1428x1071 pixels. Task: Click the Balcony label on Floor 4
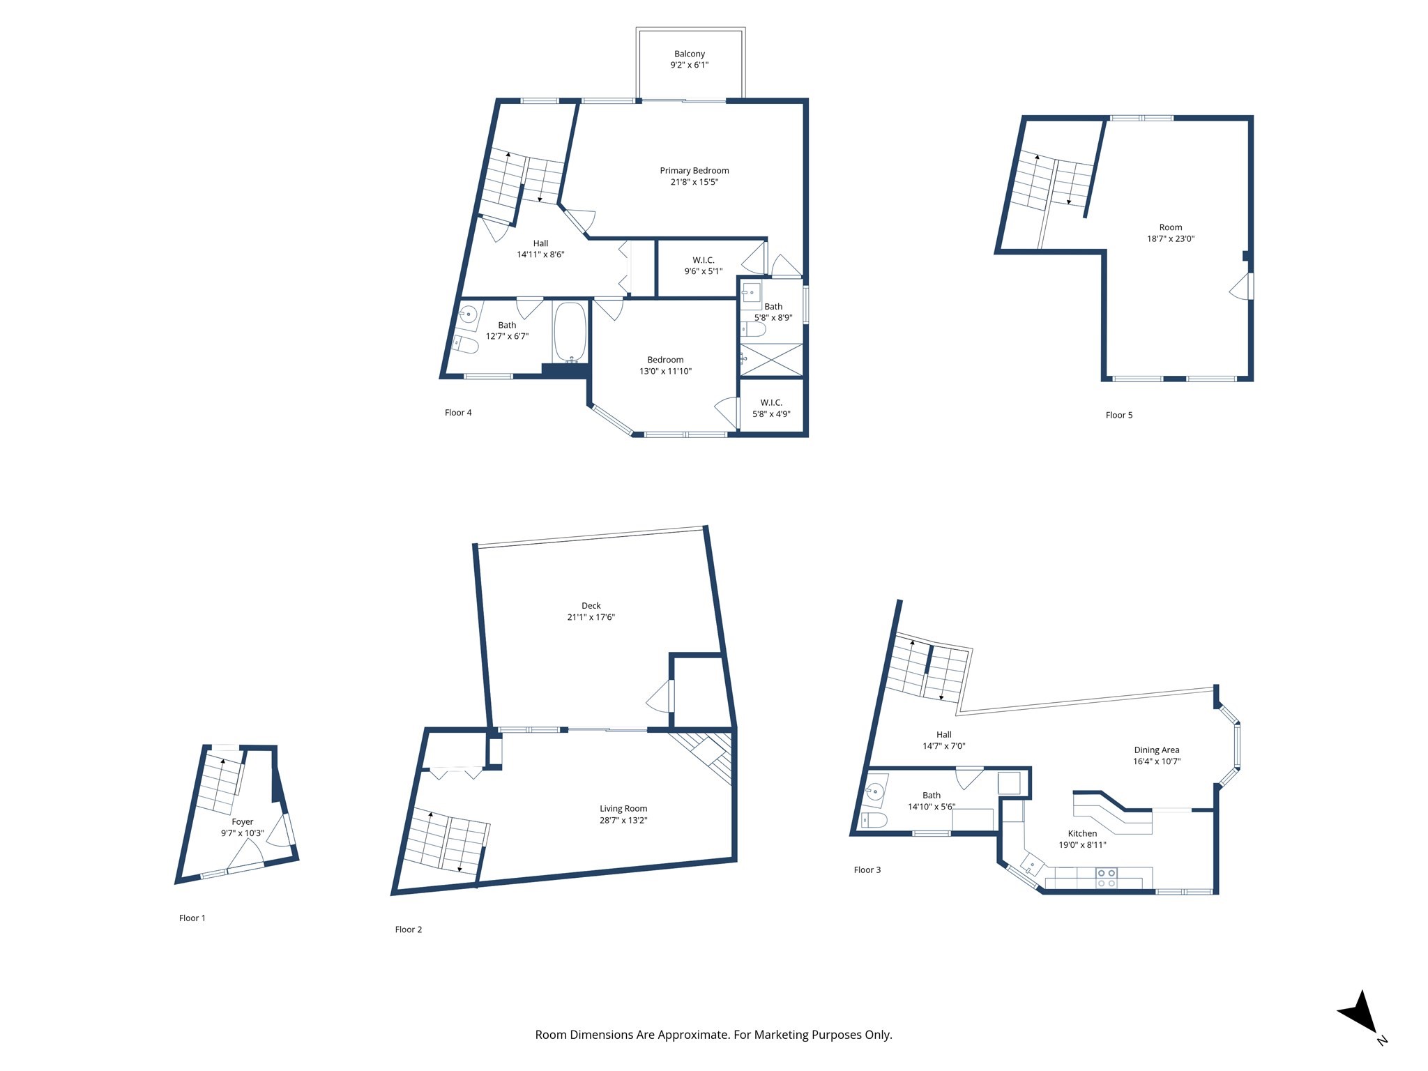(x=689, y=54)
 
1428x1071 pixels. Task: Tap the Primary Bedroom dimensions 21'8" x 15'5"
(x=694, y=183)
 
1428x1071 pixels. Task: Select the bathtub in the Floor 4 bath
(x=570, y=332)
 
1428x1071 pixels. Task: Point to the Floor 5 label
(x=1118, y=416)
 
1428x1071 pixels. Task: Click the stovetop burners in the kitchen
(x=1107, y=878)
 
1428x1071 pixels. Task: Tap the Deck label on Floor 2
(x=591, y=606)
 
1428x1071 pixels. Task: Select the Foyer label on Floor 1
(x=242, y=822)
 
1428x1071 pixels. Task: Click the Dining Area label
(x=1156, y=750)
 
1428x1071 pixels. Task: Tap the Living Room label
(x=623, y=809)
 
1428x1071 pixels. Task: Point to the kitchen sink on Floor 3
(x=1031, y=867)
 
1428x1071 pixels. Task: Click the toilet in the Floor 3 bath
(x=874, y=820)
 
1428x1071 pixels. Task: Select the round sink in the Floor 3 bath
(x=874, y=791)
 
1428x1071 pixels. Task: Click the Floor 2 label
(x=408, y=929)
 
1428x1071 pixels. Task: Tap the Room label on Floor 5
(x=1170, y=227)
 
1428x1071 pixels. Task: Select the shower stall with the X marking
(x=771, y=360)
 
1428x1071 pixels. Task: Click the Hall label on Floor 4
(x=540, y=243)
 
